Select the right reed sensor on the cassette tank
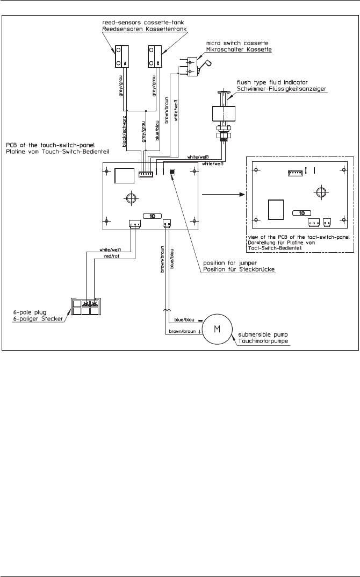[154, 56]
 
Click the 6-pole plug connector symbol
[85, 306]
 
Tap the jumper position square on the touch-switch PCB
[172, 172]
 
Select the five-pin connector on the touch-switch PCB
[146, 174]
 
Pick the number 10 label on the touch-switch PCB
[152, 216]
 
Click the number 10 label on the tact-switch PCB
[302, 213]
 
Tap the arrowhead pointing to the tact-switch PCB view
[242, 194]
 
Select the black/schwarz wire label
[125, 131]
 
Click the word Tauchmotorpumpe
[263, 341]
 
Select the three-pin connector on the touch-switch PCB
[134, 223]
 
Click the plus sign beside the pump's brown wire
[200, 332]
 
